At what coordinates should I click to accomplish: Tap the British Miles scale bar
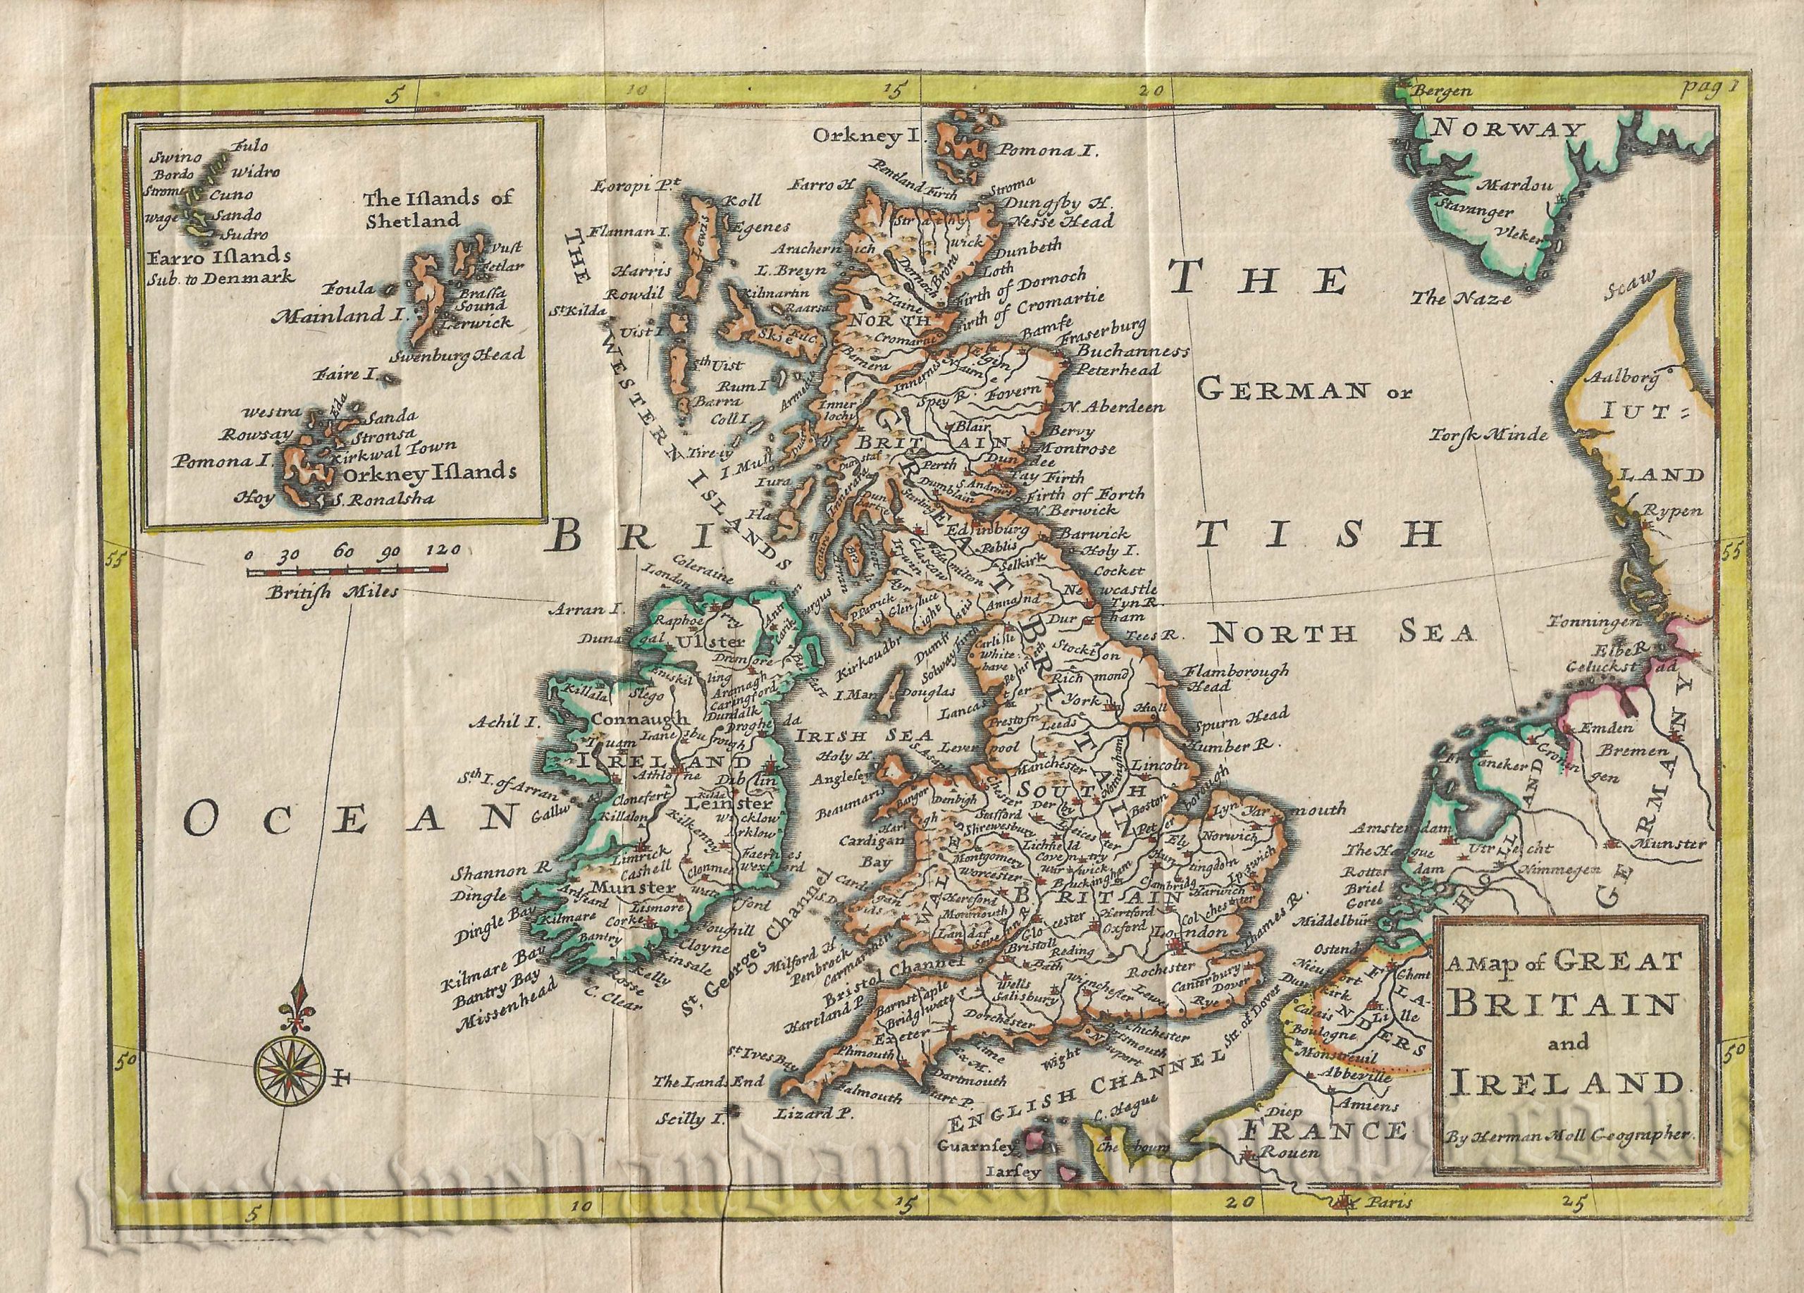coord(347,571)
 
